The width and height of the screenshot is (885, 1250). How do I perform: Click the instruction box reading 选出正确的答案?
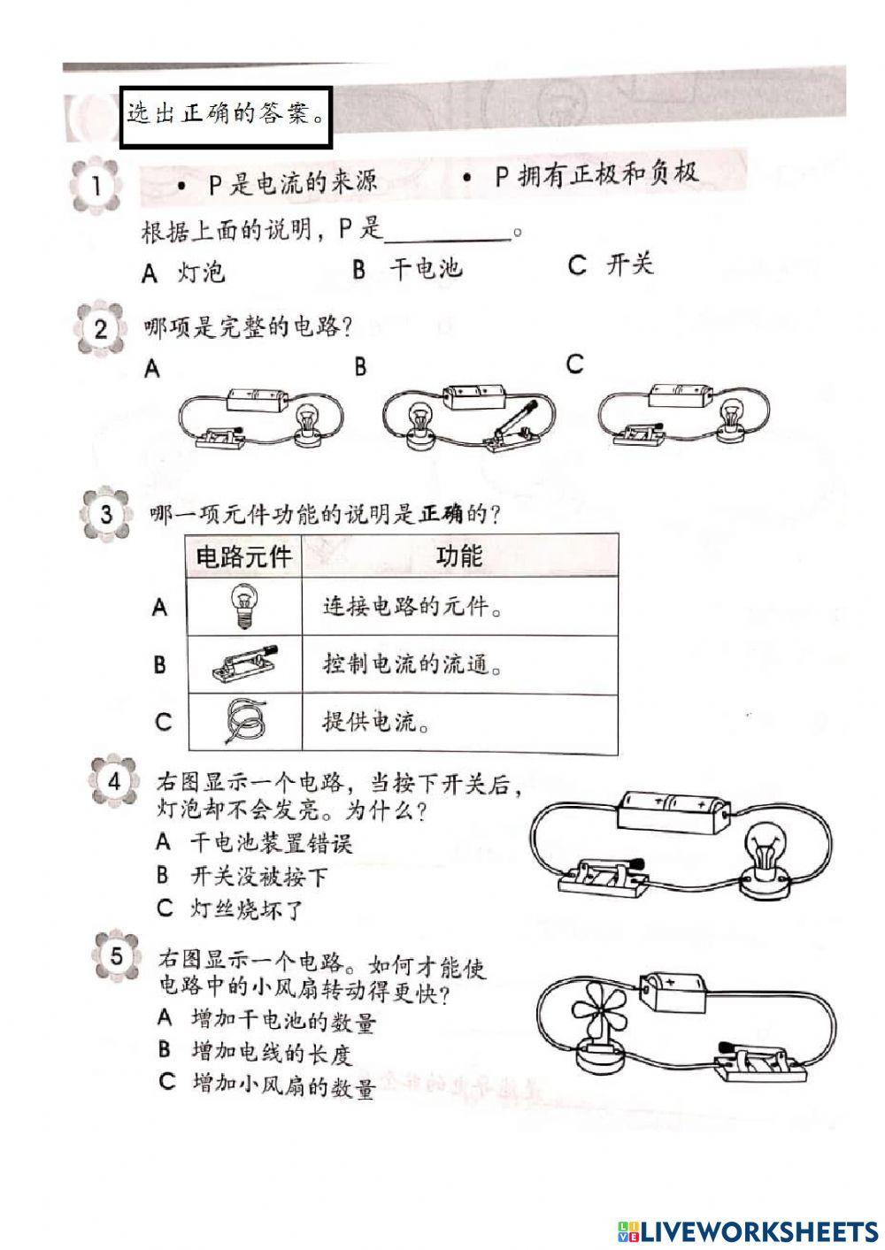click(225, 116)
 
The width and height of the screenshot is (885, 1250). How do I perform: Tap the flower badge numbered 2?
click(100, 329)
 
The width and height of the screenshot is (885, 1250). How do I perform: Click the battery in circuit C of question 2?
click(681, 396)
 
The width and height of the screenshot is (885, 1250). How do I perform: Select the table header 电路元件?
click(243, 556)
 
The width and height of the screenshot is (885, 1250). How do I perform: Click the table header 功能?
click(459, 555)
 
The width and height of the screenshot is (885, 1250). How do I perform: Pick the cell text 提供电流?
click(377, 721)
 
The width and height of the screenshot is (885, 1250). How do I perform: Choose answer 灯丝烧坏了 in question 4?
click(247, 908)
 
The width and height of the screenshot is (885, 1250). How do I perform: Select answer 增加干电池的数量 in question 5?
click(283, 1020)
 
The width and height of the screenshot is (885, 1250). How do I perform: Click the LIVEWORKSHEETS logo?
click(748, 1231)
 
